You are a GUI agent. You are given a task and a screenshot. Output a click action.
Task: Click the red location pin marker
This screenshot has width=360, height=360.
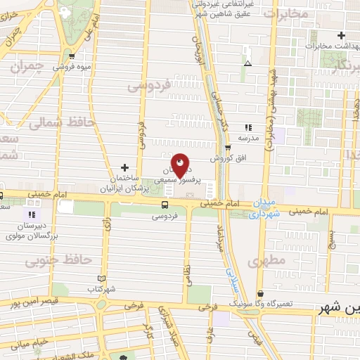click(181, 166)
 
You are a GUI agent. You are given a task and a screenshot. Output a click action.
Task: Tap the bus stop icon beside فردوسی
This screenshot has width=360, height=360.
click(165, 205)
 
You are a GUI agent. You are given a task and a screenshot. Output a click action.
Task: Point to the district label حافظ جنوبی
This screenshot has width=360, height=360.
click(59, 261)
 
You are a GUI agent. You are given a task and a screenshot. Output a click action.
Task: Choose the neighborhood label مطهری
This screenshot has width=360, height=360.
click(268, 261)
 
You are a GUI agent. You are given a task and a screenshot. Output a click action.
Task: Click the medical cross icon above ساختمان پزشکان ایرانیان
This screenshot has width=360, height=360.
click(124, 167)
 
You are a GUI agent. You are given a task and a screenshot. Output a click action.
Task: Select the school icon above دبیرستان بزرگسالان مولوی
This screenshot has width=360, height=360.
click(31, 214)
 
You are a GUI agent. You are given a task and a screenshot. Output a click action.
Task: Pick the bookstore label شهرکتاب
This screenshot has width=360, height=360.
click(101, 289)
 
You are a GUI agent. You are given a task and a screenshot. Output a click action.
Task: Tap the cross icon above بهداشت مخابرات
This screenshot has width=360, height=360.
click(341, 35)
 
